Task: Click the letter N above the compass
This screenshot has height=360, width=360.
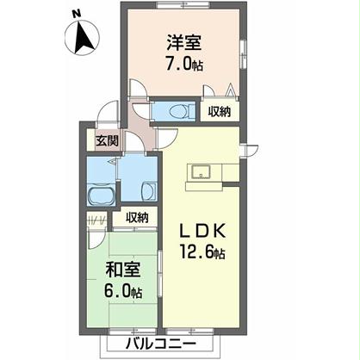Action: [x=76, y=14]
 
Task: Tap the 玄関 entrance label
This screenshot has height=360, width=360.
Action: [x=107, y=140]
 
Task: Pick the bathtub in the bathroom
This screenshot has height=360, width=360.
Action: [x=101, y=195]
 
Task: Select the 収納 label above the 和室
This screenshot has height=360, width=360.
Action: [x=136, y=217]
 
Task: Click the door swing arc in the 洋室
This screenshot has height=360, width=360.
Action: [x=139, y=89]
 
